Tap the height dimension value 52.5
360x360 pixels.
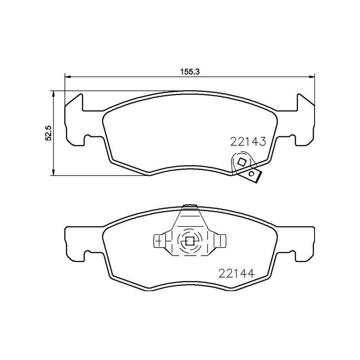49,133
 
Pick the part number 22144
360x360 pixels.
237,273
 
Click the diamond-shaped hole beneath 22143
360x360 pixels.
242,162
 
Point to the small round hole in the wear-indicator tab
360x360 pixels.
252,173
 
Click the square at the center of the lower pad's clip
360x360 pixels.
190,241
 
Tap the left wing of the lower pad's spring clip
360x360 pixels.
159,241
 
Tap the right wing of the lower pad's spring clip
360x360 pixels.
220,241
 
